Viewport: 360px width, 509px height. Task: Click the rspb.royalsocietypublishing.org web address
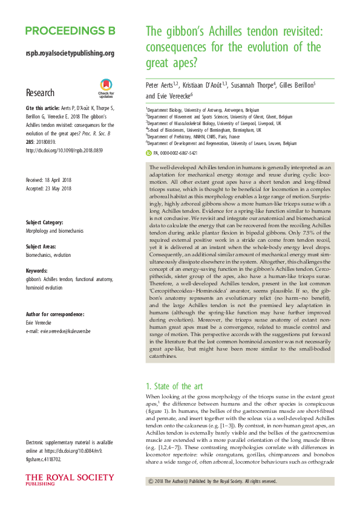coord(70,53)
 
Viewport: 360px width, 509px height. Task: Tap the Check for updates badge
coord(106,89)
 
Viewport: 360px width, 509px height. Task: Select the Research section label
coord(40,93)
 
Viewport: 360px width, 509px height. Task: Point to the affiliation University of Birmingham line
coord(203,129)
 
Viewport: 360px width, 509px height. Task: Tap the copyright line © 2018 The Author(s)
coord(212,481)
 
